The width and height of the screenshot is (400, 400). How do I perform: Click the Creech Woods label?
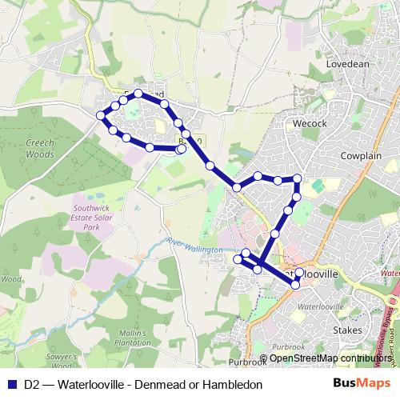click(34, 148)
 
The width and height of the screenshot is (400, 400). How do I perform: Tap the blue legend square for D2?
click(12, 382)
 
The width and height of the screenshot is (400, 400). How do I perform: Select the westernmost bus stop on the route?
click(102, 116)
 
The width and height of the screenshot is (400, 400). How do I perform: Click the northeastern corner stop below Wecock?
click(297, 178)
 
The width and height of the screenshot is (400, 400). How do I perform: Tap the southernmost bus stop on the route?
click(297, 284)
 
